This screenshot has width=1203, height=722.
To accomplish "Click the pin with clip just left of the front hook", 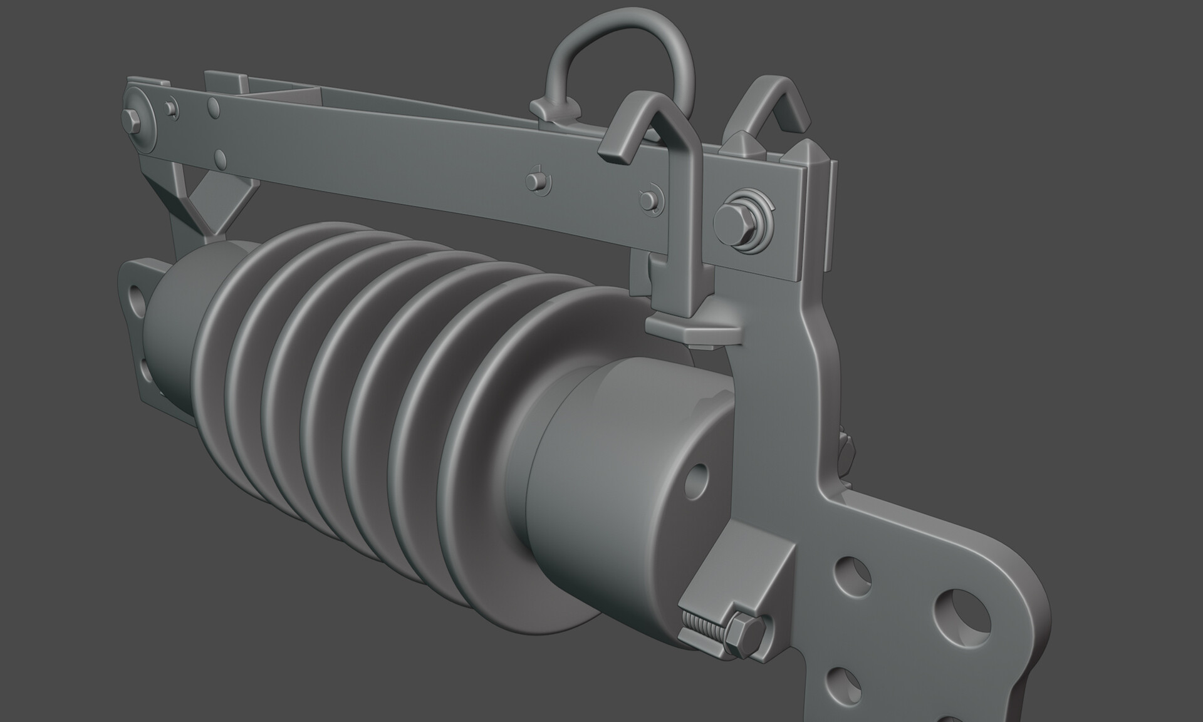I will click(x=648, y=199).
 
